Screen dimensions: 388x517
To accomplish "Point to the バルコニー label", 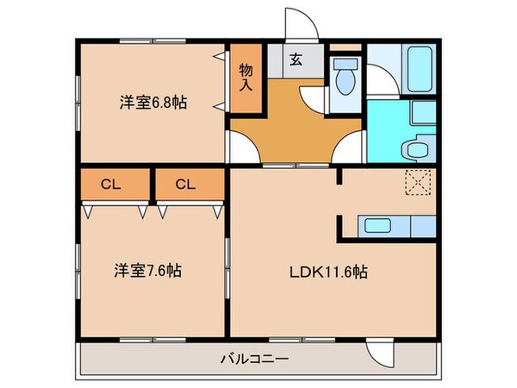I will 258,358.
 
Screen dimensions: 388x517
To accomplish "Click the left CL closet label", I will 109,184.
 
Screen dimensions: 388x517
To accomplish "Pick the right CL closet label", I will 184,184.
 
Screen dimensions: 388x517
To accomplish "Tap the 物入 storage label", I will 246,78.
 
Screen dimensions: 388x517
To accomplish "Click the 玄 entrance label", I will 296,59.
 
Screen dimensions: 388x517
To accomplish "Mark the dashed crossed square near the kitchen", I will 418,183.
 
